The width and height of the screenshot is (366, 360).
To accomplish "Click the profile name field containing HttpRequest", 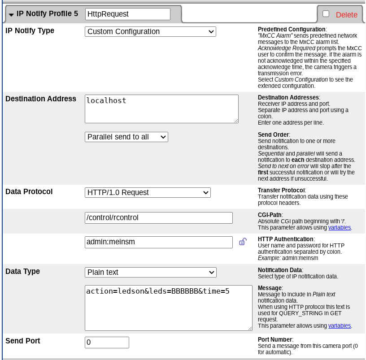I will pos(127,14).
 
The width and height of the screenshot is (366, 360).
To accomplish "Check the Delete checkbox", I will pos(326,14).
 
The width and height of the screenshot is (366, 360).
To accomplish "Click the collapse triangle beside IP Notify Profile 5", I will pos(11,14).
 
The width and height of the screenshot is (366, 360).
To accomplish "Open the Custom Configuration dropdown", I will pos(150,32).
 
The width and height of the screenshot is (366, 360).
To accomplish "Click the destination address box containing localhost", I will pos(161,108).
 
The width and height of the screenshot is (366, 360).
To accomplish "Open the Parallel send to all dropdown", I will pos(126,137).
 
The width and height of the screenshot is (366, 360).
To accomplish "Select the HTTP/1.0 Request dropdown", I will pos(148,192).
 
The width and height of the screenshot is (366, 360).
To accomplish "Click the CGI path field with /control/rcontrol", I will pos(158,218).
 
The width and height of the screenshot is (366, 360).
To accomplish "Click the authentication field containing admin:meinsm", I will pos(158,242).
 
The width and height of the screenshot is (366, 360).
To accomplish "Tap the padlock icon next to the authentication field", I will pos(243,242).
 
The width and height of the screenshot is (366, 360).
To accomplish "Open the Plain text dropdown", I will pos(150,272).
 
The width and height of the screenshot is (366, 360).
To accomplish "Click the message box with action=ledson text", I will pos(168,308).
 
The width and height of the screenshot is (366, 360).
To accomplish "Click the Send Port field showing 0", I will pos(107,343).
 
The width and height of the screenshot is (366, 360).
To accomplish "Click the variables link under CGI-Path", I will pos(340,228).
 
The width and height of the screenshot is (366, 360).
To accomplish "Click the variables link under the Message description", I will pos(340,325).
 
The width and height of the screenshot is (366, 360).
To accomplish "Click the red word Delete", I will pos(347,15).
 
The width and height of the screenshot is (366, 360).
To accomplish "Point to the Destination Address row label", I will pos(41,99).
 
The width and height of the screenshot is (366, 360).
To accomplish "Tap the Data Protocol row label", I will pos(29,192).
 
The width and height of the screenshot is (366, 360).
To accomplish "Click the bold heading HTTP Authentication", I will pos(285,239).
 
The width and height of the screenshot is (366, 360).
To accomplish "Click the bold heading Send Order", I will pos(274,134).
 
